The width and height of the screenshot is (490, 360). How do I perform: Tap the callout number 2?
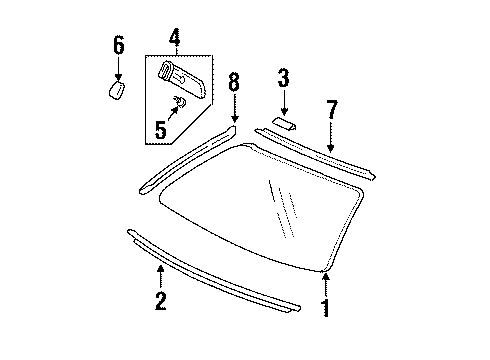click(x=159, y=301)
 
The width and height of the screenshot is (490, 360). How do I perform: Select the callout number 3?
click(x=283, y=77)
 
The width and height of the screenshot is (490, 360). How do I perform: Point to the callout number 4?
click(x=174, y=39)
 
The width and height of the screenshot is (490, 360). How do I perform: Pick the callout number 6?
click(x=118, y=44)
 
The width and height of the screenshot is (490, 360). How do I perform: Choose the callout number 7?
click(x=329, y=109)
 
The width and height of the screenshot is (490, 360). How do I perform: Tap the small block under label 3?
click(x=284, y=123)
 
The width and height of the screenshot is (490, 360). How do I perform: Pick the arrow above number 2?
click(x=159, y=272)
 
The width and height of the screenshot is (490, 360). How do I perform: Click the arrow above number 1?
click(x=324, y=282)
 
